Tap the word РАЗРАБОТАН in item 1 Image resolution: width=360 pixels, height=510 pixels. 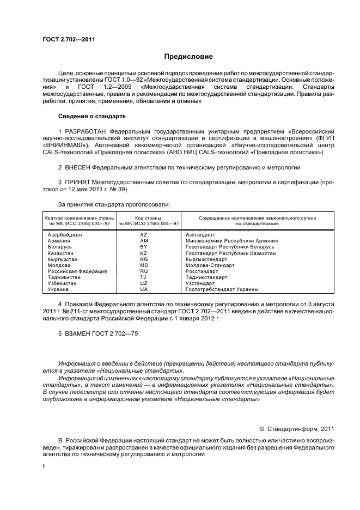pyautogui.click(x=86, y=132)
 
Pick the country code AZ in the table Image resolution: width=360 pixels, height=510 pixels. pyautogui.click(x=144, y=234)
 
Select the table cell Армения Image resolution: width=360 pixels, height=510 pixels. pyautogui.click(x=59, y=240)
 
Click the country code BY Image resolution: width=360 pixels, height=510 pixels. pyautogui.click(x=144, y=247)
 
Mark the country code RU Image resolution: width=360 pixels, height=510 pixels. pyautogui.click(x=144, y=271)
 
